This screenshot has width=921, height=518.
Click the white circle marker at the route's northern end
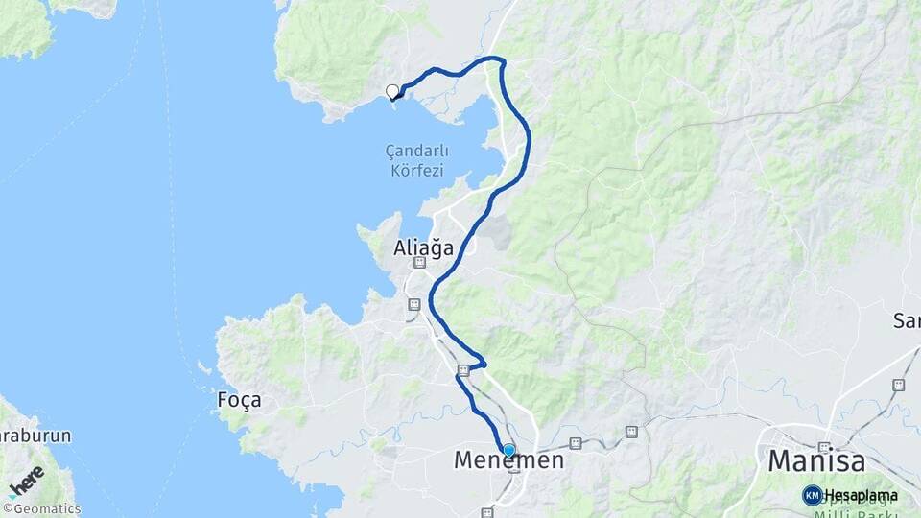pyautogui.click(x=391, y=92)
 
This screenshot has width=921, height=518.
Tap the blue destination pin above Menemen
pyautogui.click(x=508, y=450)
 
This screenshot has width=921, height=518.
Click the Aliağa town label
pyautogui.click(x=423, y=248)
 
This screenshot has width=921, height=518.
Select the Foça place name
pyautogui.click(x=239, y=400)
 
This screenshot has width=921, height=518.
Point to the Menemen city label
pyautogui.click(x=508, y=461)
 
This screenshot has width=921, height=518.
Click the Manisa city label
pyautogui.click(x=816, y=461)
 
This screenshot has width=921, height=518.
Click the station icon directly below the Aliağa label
pyautogui.click(x=419, y=263)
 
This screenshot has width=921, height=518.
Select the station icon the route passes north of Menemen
pyautogui.click(x=463, y=369)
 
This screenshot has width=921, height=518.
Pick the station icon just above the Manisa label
pyautogui.click(x=823, y=446)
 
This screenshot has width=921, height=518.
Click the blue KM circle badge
pyautogui.click(x=812, y=495)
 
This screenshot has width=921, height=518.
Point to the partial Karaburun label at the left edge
pyautogui.click(x=34, y=436)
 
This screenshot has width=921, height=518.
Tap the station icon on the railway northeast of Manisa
pyautogui.click(x=898, y=385)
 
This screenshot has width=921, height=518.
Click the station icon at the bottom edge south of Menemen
pyautogui.click(x=497, y=511)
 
